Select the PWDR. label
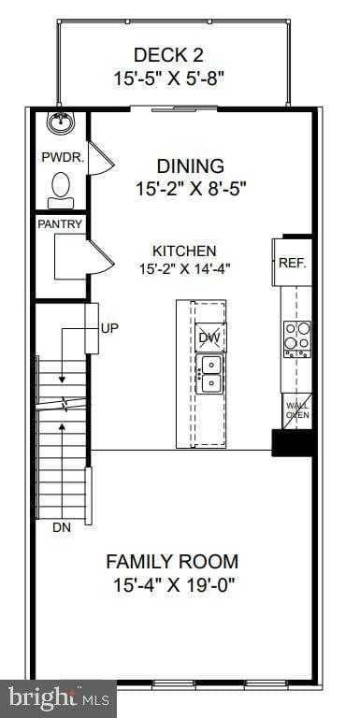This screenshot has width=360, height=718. tap(62, 157)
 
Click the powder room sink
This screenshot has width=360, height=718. tap(62, 122)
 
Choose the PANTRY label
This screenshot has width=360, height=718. tap(61, 224)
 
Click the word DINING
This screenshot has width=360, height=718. tap(190, 166)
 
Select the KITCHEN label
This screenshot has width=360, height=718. tap(184, 251)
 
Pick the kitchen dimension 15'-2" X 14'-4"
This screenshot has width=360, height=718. tap(184, 268)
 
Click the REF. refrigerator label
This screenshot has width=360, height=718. tap(293, 264)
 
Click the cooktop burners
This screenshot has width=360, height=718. tap(297, 337)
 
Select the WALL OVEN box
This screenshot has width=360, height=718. tap(296, 409)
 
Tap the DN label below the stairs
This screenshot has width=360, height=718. tap(61, 528)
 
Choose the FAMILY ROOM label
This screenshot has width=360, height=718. tap(171, 562)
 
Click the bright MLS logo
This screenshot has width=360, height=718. tap(58, 696)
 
